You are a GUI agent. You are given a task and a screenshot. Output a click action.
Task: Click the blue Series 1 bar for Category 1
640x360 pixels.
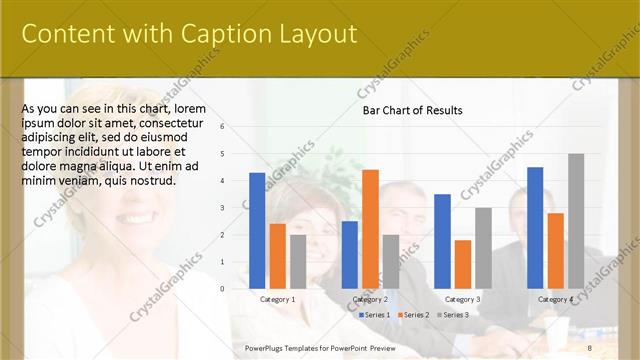tap(257, 230)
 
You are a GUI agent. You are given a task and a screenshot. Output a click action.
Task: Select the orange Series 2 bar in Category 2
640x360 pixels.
tap(370, 228)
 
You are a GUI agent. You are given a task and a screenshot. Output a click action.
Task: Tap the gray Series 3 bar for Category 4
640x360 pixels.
tap(576, 220)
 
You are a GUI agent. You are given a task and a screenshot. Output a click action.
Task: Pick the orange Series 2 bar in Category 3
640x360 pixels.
tap(463, 263)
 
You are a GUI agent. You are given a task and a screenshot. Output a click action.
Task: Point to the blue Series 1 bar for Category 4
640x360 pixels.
tap(535, 227)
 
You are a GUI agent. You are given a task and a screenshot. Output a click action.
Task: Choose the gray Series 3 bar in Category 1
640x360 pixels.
tap(298, 261)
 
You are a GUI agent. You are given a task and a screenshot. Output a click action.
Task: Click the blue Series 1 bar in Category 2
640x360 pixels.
tap(350, 254)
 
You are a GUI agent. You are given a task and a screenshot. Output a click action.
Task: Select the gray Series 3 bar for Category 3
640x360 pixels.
tap(483, 247)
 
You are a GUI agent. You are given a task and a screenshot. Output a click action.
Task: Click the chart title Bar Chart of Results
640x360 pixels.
tap(412, 110)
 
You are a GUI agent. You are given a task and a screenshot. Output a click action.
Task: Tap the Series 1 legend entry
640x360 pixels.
tap(375, 314)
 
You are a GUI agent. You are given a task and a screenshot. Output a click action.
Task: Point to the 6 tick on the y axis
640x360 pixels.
tap(236, 127)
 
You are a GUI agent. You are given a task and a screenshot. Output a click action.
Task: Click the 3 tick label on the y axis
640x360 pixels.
tap(236, 208)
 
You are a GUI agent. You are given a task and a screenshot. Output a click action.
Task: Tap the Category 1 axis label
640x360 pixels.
tap(277, 299)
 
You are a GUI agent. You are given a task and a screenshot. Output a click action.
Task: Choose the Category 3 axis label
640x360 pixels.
tap(463, 299)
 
